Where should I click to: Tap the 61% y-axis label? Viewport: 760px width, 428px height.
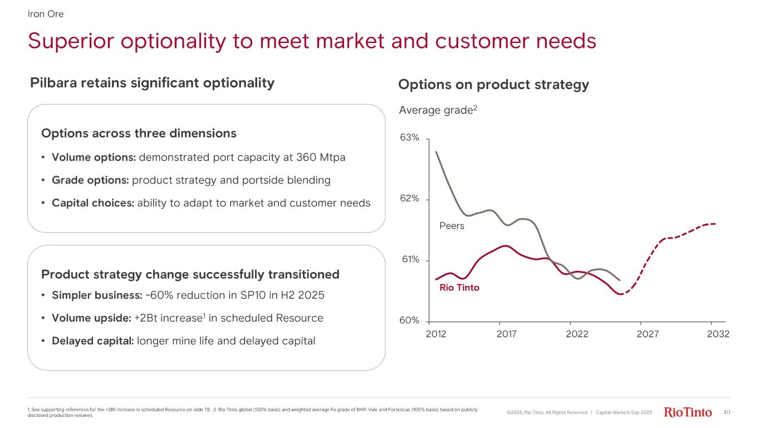pyautogui.click(x=409, y=260)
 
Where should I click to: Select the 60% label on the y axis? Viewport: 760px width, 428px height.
pyautogui.click(x=409, y=321)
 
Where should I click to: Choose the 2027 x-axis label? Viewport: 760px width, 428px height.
pyautogui.click(x=648, y=334)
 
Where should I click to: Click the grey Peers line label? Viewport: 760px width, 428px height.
pyautogui.click(x=452, y=226)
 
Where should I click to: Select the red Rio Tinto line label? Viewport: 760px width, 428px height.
pyautogui.click(x=459, y=288)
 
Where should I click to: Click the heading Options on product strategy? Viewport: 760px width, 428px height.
pyautogui.click(x=493, y=85)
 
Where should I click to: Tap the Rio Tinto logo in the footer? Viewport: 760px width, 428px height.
pyautogui.click(x=688, y=412)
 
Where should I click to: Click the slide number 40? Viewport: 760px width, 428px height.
pyautogui.click(x=726, y=412)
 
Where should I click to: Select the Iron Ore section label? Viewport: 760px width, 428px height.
pyautogui.click(x=46, y=14)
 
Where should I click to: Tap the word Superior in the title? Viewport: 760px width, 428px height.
pyautogui.click(x=75, y=41)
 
